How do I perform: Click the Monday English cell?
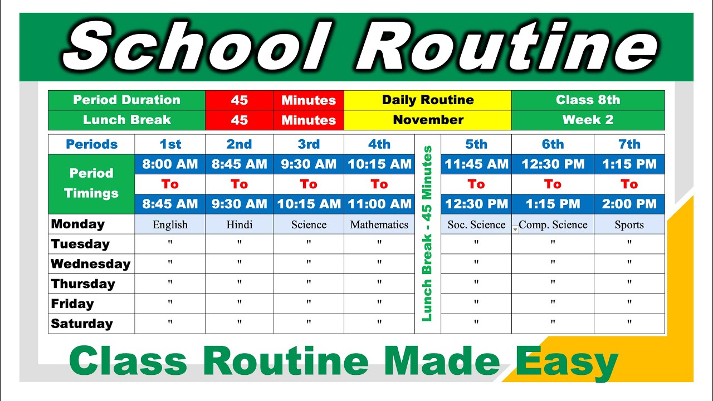[170, 225]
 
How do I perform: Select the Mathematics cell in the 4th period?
[379, 225]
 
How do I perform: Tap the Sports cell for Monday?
[629, 225]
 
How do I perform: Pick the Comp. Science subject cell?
[553, 225]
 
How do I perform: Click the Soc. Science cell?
[476, 225]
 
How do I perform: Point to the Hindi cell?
[239, 225]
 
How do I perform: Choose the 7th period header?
[629, 144]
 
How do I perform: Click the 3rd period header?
[308, 144]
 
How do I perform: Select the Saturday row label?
[82, 324]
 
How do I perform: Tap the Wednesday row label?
[90, 264]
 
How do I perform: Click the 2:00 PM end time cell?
[629, 204]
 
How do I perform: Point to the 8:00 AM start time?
[170, 164]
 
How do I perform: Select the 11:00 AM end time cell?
[379, 204]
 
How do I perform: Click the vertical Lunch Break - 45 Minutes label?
[427, 234]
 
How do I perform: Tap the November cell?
[428, 120]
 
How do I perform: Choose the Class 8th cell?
[588, 100]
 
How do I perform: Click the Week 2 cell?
[588, 120]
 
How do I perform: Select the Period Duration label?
[126, 100]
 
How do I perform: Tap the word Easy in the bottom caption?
[567, 361]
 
